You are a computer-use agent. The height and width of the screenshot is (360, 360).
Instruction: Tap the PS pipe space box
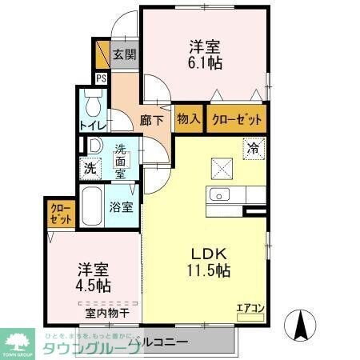coord(101,78)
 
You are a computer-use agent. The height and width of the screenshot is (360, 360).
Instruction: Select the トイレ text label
coord(93,126)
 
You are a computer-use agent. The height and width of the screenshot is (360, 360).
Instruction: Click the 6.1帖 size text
coord(206,62)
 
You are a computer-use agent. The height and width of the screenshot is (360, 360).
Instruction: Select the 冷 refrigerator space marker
coord(253,148)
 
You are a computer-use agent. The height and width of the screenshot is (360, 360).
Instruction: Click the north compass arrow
coord(302,324)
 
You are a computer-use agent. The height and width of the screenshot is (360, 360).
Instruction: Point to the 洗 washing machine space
coord(91,169)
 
